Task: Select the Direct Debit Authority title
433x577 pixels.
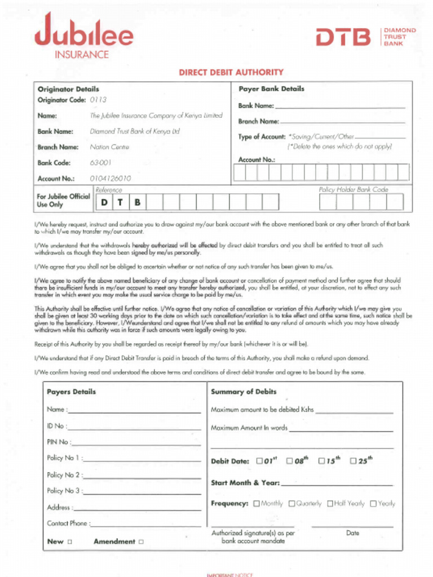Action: click(x=231, y=72)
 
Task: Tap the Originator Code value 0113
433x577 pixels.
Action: click(x=98, y=100)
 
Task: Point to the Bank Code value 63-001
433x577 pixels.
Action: click(x=101, y=163)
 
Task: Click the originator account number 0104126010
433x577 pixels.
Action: click(x=111, y=179)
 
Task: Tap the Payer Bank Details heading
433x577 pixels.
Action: click(x=271, y=89)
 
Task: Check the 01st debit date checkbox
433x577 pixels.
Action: click(x=260, y=461)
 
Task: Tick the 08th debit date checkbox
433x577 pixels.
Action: click(x=290, y=461)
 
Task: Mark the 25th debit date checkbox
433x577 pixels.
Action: click(x=354, y=461)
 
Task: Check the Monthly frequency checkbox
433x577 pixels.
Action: click(x=257, y=504)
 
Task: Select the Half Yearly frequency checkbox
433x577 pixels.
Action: click(x=330, y=504)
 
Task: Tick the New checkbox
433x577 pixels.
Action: click(x=70, y=542)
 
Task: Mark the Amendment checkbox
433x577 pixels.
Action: click(x=141, y=542)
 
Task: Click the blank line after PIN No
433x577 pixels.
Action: click(x=136, y=443)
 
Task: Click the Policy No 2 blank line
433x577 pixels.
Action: click(x=142, y=477)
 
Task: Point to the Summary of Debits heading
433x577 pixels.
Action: click(x=244, y=392)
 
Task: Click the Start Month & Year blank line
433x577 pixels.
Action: click(x=337, y=483)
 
